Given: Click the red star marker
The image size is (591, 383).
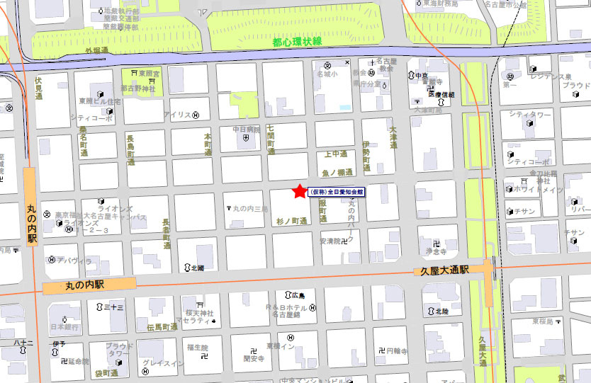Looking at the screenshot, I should pos(299,191).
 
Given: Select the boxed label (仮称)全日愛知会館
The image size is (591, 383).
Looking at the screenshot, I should pos(337,192).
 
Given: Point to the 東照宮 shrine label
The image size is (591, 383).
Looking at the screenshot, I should pos(148,73).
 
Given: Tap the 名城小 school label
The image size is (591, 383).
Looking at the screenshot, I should pos(327,74).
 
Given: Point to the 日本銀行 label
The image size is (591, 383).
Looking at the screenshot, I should pos(63,327).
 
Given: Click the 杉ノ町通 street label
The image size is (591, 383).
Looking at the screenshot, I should pos(291,222).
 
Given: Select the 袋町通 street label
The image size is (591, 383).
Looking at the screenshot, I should pos(106,373).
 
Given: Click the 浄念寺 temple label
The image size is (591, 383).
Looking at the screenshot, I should pos(435,251).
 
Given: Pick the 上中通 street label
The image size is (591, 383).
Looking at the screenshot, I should pos(335,154).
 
